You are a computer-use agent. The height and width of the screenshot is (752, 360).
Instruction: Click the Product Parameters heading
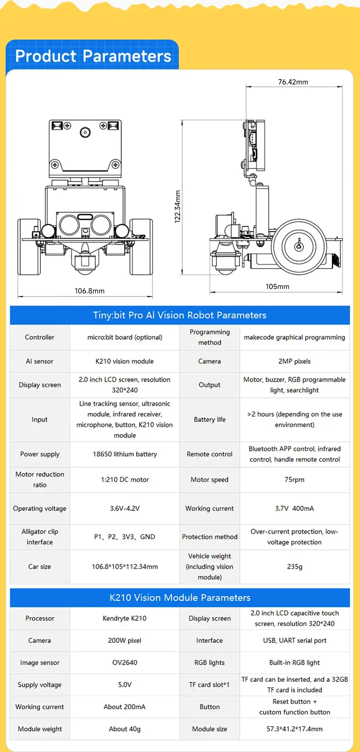(x=93, y=56)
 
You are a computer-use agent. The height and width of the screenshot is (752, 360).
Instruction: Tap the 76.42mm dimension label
(x=293, y=82)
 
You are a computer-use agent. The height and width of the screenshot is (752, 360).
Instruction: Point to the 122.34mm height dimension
(x=178, y=207)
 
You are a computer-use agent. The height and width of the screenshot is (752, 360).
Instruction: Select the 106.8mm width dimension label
(x=90, y=291)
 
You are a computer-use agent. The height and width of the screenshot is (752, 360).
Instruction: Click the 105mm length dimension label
(x=278, y=287)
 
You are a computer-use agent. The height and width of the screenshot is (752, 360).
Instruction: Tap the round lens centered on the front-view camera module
(x=85, y=132)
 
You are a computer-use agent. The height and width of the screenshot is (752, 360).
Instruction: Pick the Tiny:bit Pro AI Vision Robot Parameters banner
(x=180, y=315)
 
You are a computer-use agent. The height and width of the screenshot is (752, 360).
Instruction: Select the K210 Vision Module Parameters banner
(x=180, y=598)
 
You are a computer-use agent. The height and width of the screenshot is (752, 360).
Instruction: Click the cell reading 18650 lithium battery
(x=125, y=454)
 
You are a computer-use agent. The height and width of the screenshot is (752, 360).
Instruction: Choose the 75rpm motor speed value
(x=294, y=479)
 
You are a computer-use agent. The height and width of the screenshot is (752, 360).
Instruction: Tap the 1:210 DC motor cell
(x=125, y=479)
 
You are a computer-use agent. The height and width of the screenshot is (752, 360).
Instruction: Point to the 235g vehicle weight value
(x=295, y=567)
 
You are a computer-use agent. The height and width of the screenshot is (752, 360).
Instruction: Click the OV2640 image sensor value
(x=125, y=663)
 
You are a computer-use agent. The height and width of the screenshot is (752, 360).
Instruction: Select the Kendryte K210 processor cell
(x=125, y=618)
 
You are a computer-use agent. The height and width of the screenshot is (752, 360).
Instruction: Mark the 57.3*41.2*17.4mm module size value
(x=295, y=729)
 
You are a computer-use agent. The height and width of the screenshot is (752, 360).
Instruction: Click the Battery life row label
(x=210, y=419)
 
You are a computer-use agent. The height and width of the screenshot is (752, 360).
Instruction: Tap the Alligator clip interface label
(x=40, y=537)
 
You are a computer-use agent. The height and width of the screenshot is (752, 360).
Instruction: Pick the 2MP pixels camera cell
(x=294, y=361)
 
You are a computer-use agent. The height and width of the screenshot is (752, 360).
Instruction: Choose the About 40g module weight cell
(x=125, y=729)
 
